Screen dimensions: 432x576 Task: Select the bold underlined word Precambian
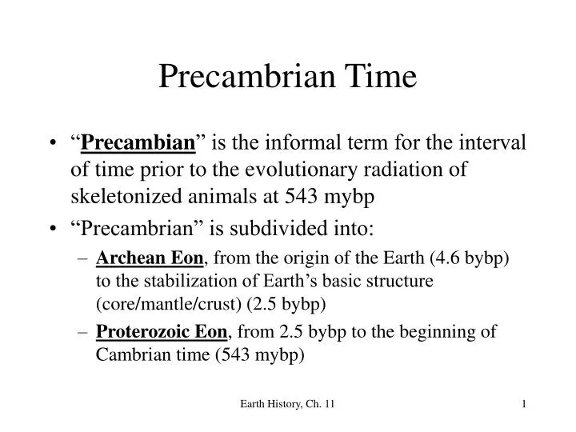pos(150,144)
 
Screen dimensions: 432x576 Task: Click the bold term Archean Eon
pos(150,258)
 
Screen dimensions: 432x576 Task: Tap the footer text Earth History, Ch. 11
pos(287,407)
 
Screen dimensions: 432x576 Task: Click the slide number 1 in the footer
pos(522,407)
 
